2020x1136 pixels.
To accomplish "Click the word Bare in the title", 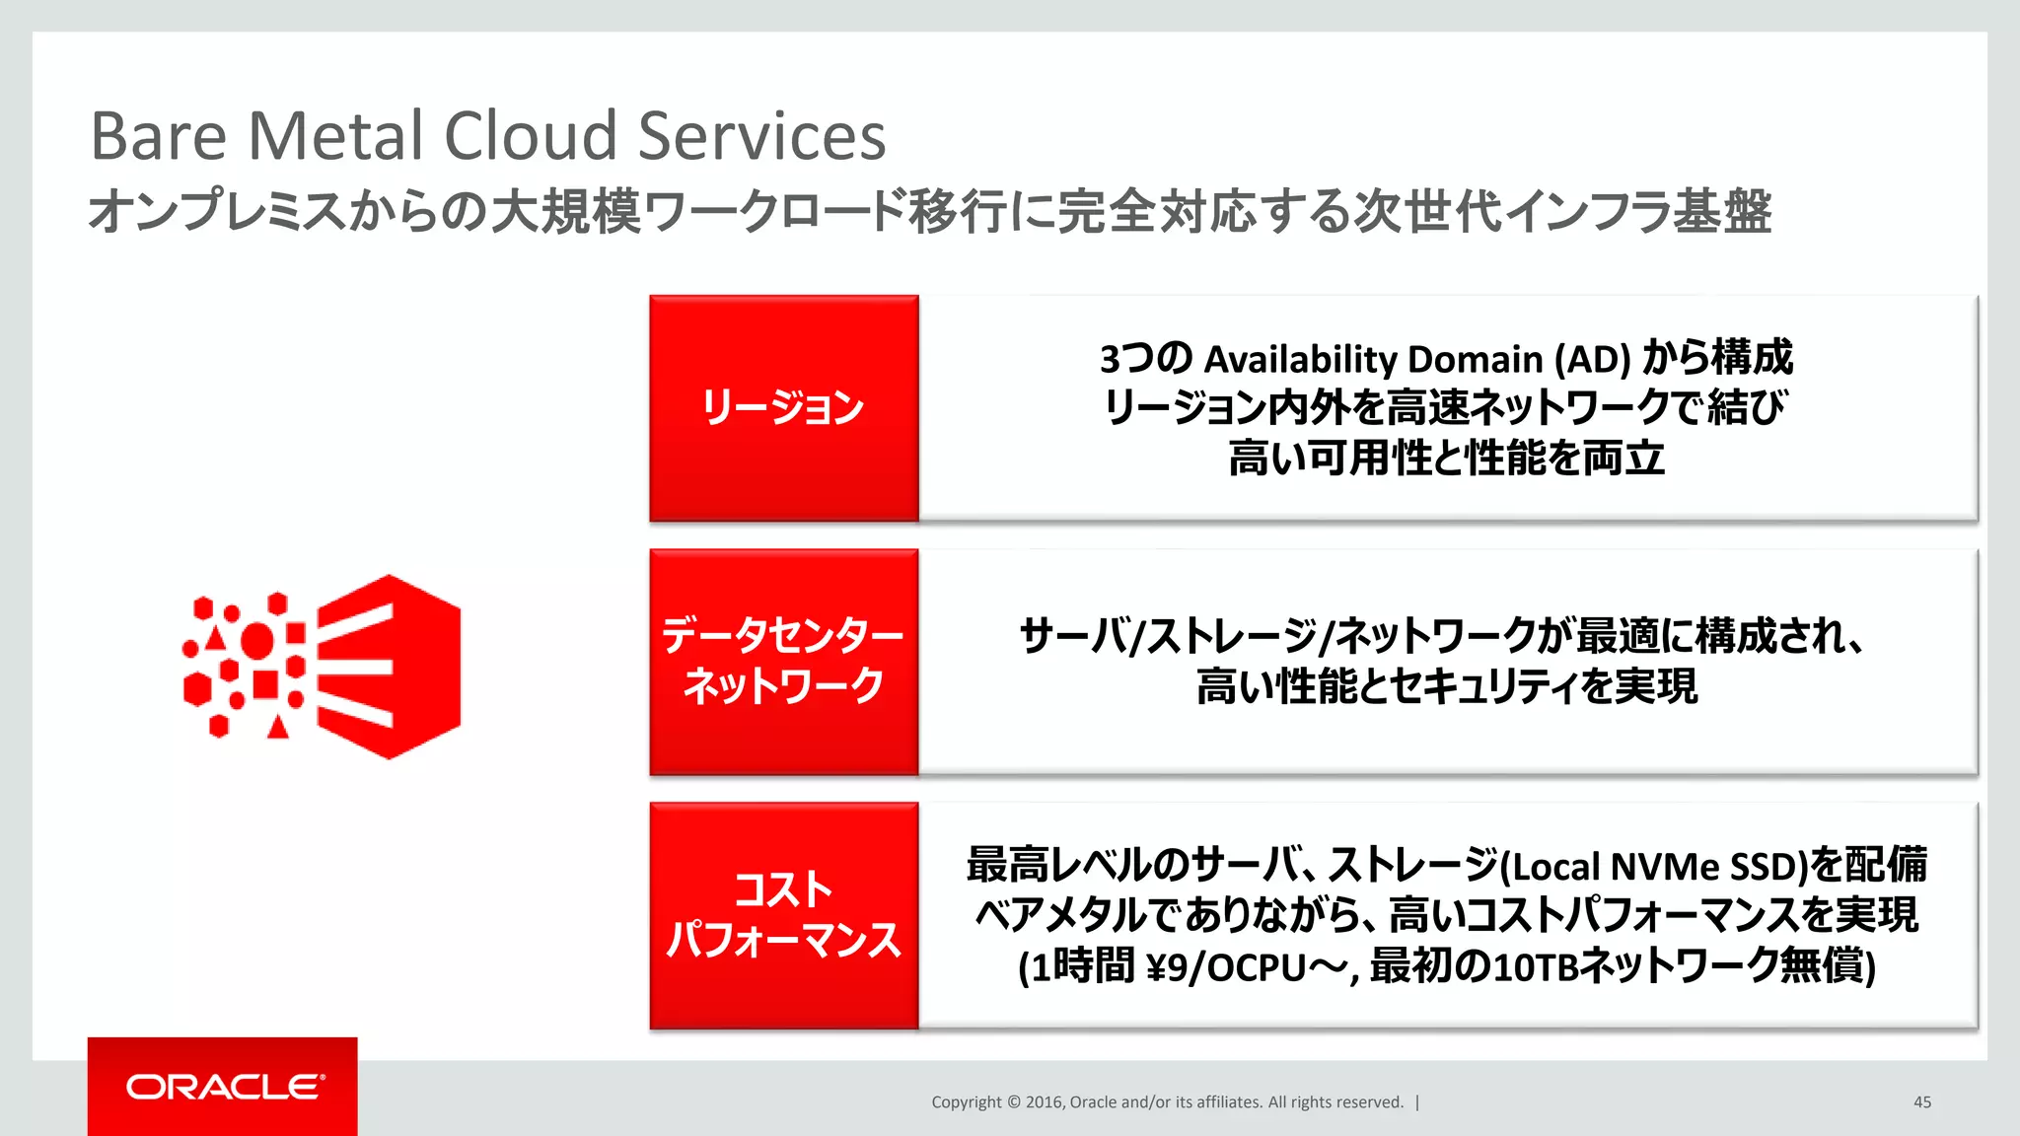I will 158,136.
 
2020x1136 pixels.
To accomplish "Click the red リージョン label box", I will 784,407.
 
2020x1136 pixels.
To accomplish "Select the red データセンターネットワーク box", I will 784,662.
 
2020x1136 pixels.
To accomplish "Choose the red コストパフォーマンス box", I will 784,915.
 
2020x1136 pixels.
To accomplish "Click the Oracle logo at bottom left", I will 223,1087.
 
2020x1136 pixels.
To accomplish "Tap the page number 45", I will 1921,1102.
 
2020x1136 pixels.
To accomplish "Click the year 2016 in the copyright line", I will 1044,1102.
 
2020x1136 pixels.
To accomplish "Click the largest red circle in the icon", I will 258,640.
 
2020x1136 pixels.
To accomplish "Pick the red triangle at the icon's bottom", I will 278,728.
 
